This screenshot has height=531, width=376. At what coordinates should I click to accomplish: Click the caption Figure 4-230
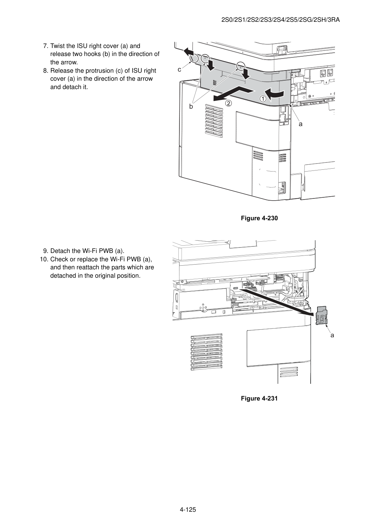point(259,218)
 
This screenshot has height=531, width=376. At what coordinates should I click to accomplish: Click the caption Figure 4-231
point(259,398)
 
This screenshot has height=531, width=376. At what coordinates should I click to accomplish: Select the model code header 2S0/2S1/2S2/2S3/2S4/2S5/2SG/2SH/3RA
point(280,20)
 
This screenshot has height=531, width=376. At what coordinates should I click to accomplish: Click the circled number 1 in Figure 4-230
point(263,98)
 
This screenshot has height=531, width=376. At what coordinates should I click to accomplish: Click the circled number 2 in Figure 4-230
point(228,103)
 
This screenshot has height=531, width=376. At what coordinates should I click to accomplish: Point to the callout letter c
point(179,70)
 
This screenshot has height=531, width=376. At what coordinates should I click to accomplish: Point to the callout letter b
point(191,106)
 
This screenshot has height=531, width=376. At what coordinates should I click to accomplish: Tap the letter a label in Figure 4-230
point(300,124)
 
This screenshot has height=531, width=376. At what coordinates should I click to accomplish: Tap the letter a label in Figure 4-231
point(332,335)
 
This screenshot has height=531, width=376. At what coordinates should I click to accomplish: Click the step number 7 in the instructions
point(46,46)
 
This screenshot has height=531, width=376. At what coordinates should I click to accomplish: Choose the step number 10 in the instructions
point(44,259)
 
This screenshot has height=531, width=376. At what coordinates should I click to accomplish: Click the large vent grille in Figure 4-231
point(207,352)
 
